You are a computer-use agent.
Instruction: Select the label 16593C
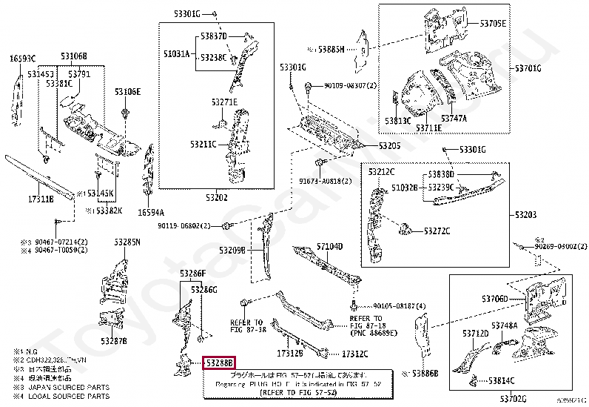22,58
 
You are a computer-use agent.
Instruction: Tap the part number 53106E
127,92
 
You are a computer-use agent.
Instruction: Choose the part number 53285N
127,242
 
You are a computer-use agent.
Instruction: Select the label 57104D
330,245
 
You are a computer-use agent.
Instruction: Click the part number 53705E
493,24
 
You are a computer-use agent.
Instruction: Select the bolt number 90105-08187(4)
400,305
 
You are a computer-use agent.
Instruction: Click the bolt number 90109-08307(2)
350,86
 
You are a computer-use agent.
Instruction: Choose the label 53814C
502,380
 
